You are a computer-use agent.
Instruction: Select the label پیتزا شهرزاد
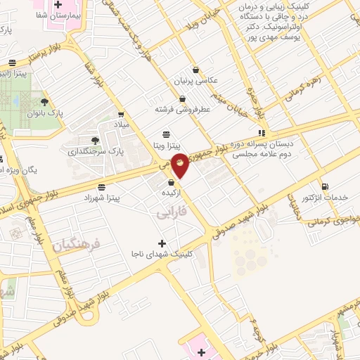(x=120, y=198)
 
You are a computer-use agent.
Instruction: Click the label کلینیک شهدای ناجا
(x=162, y=254)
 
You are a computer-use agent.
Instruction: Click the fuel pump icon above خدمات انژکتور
(x=324, y=187)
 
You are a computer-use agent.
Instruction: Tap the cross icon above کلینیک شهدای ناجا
(x=162, y=243)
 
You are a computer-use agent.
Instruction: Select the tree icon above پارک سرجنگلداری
(x=95, y=139)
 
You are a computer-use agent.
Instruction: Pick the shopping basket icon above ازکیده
(x=171, y=182)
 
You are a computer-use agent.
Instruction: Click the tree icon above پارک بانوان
(x=46, y=103)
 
